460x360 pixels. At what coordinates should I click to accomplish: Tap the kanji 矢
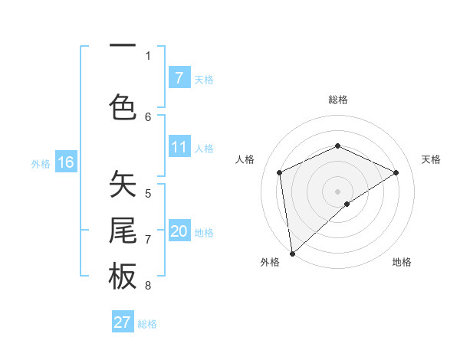(123, 184)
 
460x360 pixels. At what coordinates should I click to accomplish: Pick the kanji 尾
(123, 231)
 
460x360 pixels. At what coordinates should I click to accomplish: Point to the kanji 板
(123, 277)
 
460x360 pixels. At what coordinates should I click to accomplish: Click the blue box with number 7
(179, 77)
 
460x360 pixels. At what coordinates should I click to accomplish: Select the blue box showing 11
(179, 147)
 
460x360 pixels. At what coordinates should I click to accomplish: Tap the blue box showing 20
(179, 231)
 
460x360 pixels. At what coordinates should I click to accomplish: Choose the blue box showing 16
(65, 162)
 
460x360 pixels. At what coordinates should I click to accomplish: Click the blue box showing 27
(123, 322)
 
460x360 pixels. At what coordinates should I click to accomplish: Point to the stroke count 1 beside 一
(148, 55)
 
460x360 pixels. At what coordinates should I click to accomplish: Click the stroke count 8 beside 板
(148, 286)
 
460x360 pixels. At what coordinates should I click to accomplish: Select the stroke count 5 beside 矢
(148, 193)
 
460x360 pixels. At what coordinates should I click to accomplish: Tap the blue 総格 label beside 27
(147, 324)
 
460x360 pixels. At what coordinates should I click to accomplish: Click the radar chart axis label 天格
(431, 159)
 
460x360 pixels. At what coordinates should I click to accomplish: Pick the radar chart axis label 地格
(402, 262)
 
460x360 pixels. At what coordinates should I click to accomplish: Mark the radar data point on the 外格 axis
(291, 253)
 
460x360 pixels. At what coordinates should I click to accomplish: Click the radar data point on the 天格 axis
(396, 172)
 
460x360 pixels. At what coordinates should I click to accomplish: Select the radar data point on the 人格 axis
(280, 172)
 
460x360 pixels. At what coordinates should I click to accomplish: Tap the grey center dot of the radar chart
(337, 191)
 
